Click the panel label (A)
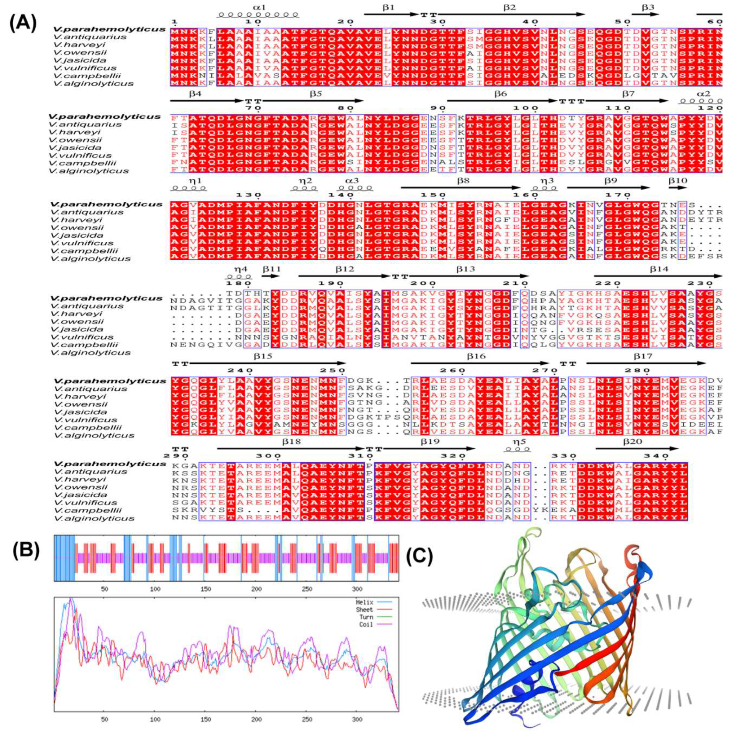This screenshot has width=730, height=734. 23,24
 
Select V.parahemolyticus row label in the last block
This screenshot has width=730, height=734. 110,464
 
